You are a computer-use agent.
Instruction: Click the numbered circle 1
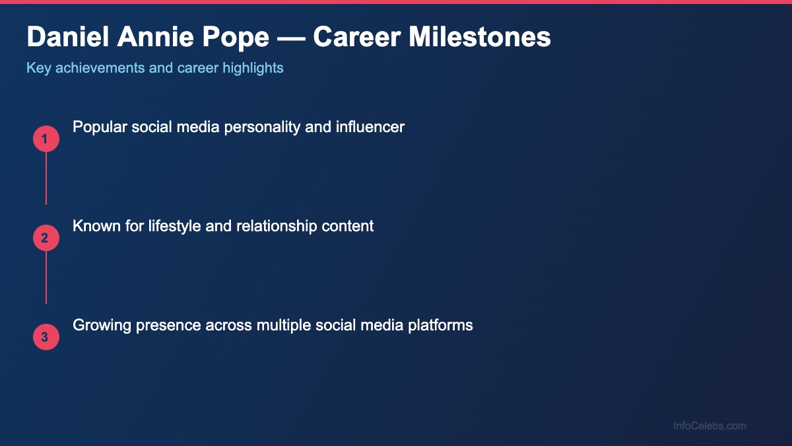46,139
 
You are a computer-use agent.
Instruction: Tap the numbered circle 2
46,238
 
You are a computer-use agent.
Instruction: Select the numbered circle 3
46,337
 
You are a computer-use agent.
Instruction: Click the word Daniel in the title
67,38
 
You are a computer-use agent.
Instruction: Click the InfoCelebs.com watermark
709,426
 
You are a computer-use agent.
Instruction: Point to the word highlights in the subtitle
253,67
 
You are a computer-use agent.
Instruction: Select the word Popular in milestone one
99,127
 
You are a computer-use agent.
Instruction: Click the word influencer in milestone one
371,127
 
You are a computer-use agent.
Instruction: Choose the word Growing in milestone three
99,325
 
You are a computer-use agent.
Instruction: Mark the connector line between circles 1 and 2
46,178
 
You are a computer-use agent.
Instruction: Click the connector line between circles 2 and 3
46,278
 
